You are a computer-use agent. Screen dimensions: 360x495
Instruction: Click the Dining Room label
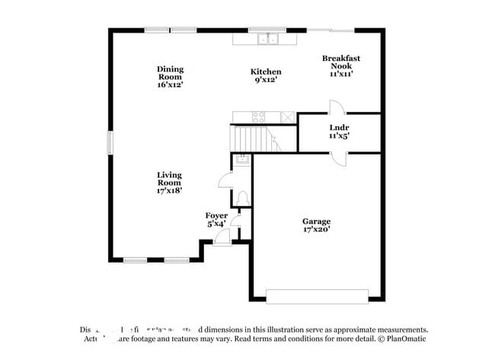coord(171,73)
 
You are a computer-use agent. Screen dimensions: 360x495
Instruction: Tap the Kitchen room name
coord(266,72)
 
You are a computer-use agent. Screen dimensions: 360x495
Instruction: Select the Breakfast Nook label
coord(340,62)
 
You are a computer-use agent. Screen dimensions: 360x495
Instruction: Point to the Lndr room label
coord(339,128)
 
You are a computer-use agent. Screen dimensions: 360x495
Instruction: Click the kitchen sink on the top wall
coord(267,39)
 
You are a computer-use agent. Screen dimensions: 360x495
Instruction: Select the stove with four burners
coord(258,117)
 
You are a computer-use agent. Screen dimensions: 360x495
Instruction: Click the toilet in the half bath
coord(242,198)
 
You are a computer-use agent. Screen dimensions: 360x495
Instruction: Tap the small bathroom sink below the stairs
coord(241,159)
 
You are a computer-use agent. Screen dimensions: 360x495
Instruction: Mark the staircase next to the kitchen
coord(252,139)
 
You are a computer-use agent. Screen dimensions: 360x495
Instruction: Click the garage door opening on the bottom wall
coord(317,295)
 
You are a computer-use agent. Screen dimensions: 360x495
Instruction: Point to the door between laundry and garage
coord(339,158)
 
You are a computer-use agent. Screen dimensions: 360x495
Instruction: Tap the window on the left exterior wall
coord(110,142)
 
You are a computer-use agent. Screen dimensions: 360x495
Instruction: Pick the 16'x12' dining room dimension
coord(171,84)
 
